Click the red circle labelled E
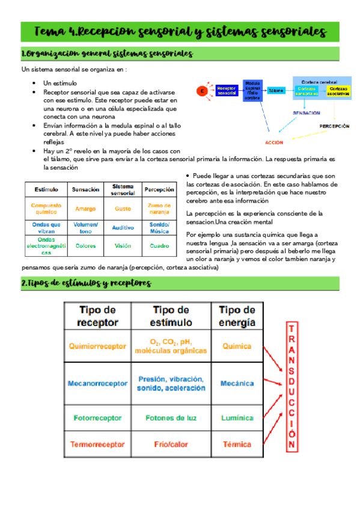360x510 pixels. point(203,90)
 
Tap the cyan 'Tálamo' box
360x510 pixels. point(276,90)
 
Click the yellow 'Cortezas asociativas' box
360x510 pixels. point(339,91)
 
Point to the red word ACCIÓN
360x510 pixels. point(274,142)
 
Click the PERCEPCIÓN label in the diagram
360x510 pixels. point(334,126)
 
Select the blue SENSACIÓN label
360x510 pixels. point(306,112)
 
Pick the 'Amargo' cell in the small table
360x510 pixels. point(86,209)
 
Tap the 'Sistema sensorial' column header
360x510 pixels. point(123,189)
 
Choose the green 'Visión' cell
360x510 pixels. point(123,245)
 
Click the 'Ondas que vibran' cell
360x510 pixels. point(46,227)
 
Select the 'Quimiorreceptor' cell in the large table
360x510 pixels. point(98,346)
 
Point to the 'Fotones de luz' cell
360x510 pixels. point(171,417)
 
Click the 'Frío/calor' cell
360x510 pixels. point(171,444)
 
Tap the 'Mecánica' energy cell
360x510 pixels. point(237,383)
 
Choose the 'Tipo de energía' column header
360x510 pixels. point(237,316)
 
